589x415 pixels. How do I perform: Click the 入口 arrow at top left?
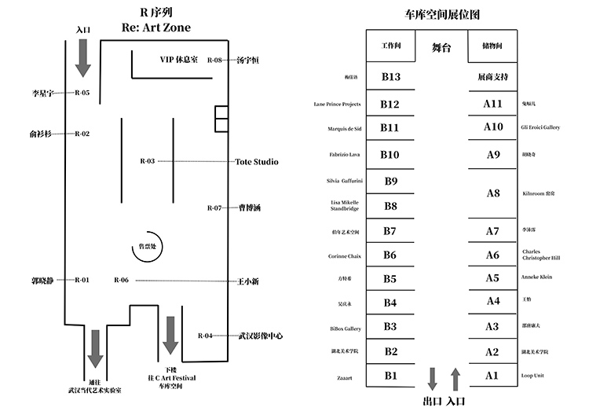pyautogui.click(x=83, y=57)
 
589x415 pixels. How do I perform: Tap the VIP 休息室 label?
pyautogui.click(x=179, y=60)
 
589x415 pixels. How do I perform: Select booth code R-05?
pyautogui.click(x=82, y=93)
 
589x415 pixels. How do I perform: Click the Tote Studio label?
pyautogui.click(x=257, y=162)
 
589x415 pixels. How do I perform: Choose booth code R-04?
pyautogui.click(x=205, y=336)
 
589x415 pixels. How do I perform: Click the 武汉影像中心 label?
pyautogui.click(x=261, y=336)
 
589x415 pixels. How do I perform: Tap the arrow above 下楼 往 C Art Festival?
pyautogui.click(x=170, y=345)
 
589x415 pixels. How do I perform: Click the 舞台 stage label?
pyautogui.click(x=441, y=48)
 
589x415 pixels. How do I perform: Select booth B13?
pyautogui.click(x=390, y=77)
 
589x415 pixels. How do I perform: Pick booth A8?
pyautogui.click(x=492, y=193)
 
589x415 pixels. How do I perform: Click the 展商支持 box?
pyautogui.click(x=492, y=78)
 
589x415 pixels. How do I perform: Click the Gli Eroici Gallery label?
pyautogui.click(x=540, y=127)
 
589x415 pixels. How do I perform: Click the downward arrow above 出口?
pyautogui.click(x=432, y=379)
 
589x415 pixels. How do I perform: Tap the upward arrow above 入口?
pyautogui.click(x=455, y=379)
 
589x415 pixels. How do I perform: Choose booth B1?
pyautogui.click(x=390, y=376)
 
